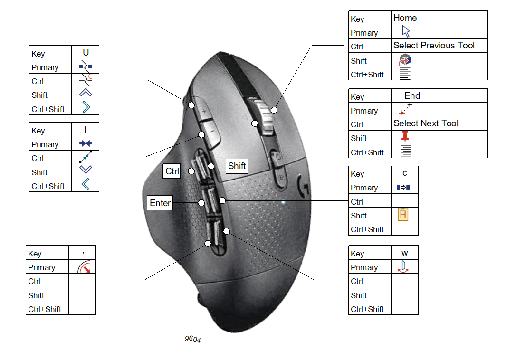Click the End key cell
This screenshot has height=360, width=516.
(x=412, y=96)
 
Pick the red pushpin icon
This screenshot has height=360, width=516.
(x=405, y=137)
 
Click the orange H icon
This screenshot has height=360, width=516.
(x=403, y=215)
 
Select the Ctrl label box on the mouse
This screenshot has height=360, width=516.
(x=172, y=171)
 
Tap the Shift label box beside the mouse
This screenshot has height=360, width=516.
(x=237, y=166)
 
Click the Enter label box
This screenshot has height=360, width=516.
(x=160, y=203)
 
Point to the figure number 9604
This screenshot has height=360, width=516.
(x=192, y=339)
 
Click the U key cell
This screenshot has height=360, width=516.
(x=86, y=53)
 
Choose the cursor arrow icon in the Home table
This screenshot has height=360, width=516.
(x=406, y=32)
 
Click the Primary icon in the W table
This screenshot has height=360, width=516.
(x=404, y=266)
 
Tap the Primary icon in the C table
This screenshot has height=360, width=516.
(x=403, y=188)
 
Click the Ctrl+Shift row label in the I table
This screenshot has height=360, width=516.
(x=48, y=186)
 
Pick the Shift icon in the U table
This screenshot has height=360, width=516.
(x=86, y=94)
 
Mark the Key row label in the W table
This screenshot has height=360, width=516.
(x=357, y=254)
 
